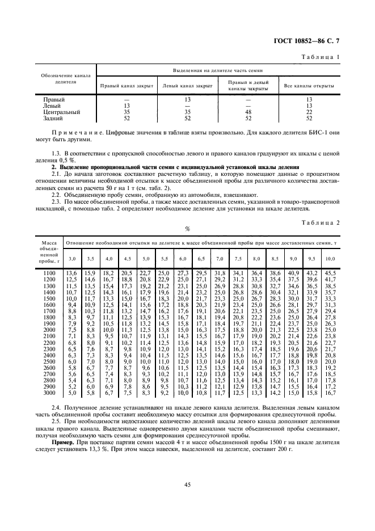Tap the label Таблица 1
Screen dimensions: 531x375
coord(322,57)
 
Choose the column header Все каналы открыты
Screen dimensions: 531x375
coord(309,86)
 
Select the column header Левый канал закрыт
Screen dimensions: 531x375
coord(188,86)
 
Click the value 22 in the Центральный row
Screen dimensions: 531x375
coord(309,112)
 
